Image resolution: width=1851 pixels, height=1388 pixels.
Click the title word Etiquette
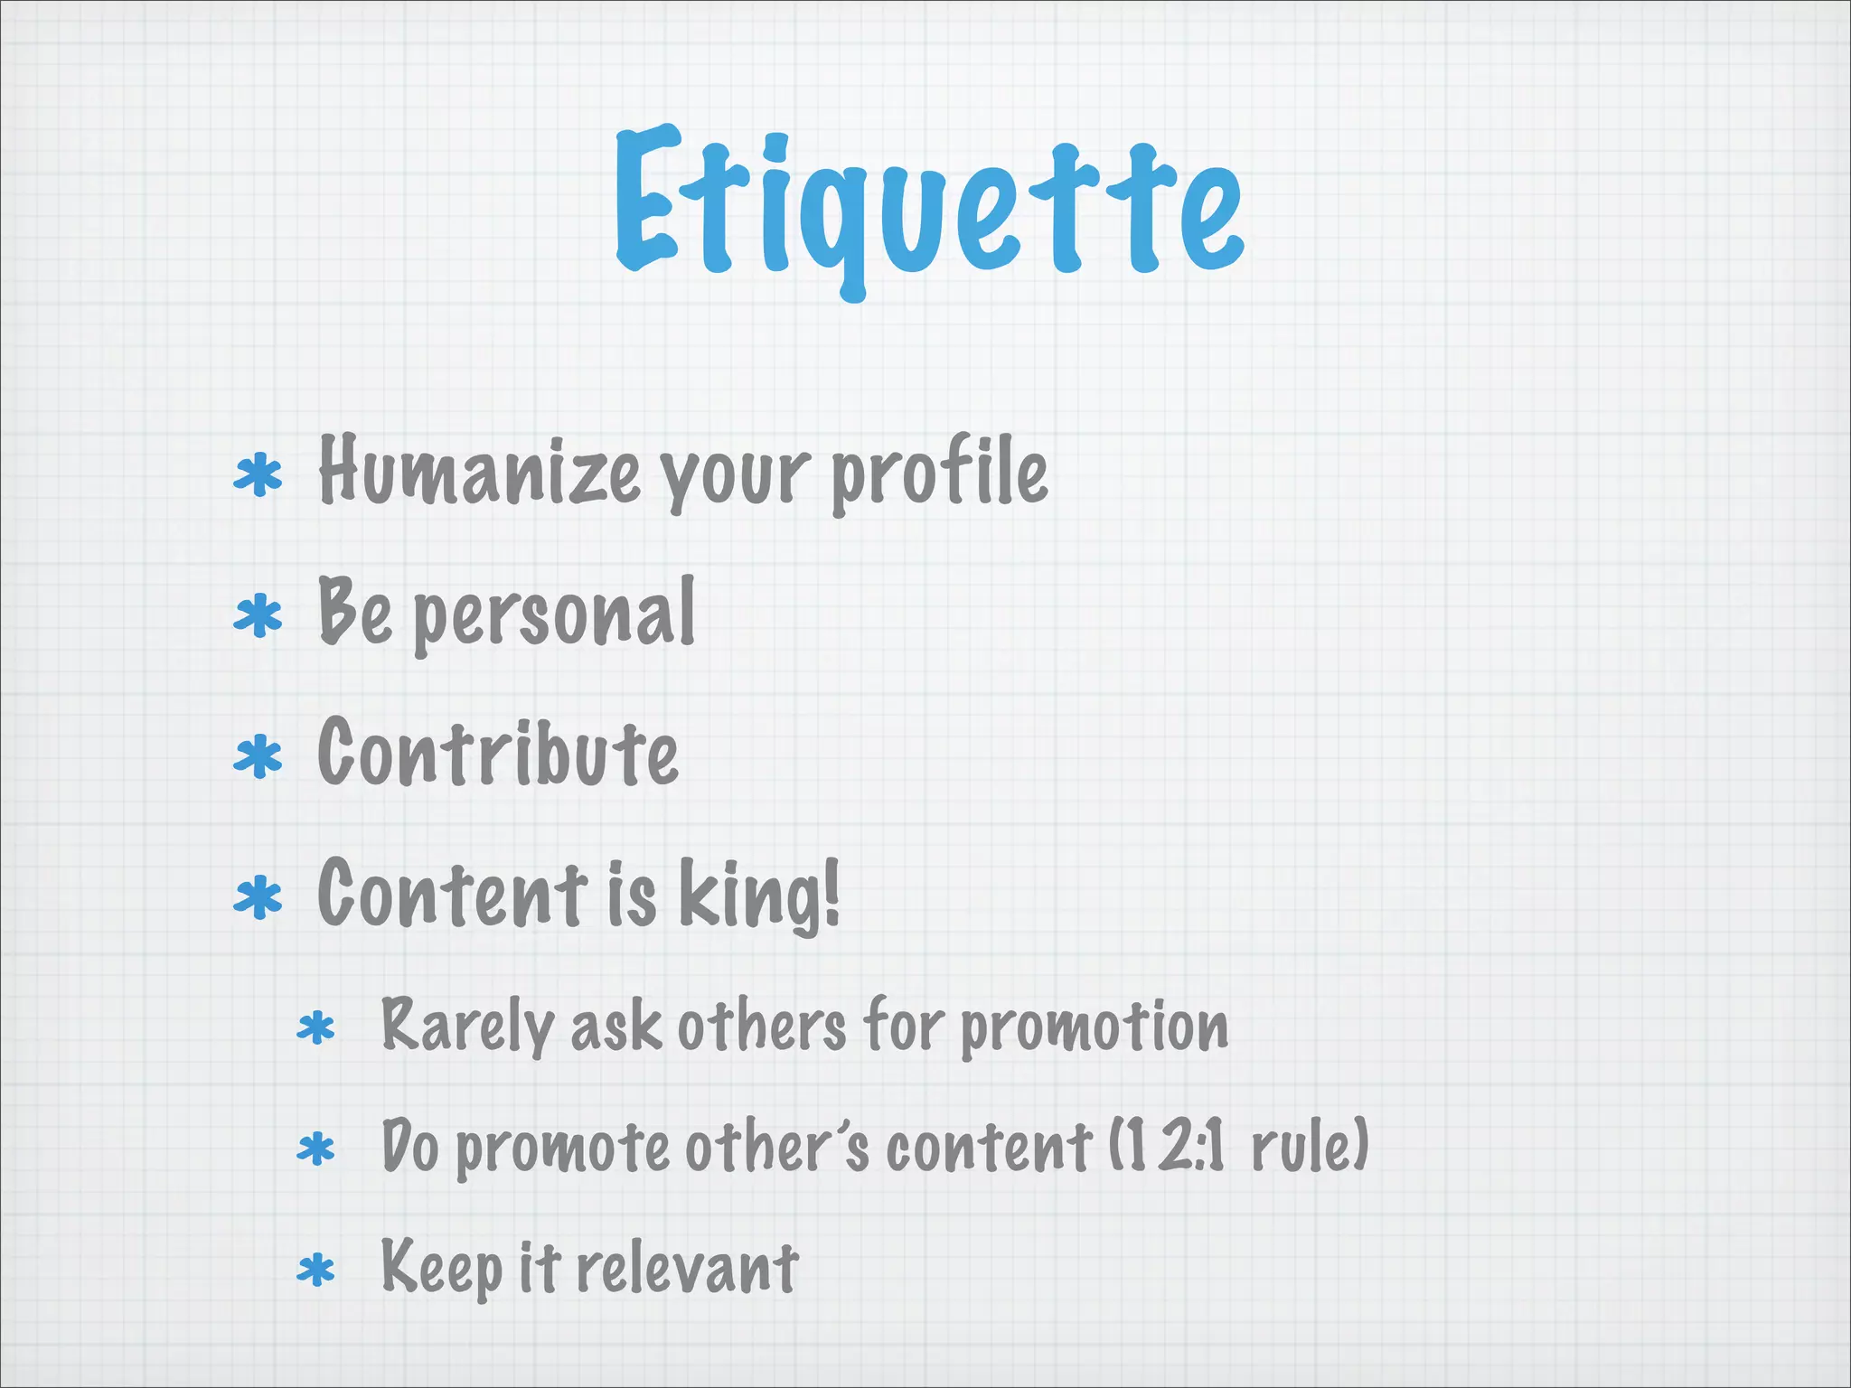[929, 208]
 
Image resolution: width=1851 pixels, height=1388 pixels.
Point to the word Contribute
[498, 752]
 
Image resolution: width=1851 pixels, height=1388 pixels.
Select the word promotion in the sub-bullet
[1094, 1027]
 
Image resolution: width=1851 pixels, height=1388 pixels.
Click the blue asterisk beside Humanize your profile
[258, 476]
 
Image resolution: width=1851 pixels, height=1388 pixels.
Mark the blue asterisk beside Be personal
[258, 616]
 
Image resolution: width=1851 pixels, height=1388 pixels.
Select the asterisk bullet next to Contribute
[258, 756]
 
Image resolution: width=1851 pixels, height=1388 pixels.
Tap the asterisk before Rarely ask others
[316, 1029]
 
